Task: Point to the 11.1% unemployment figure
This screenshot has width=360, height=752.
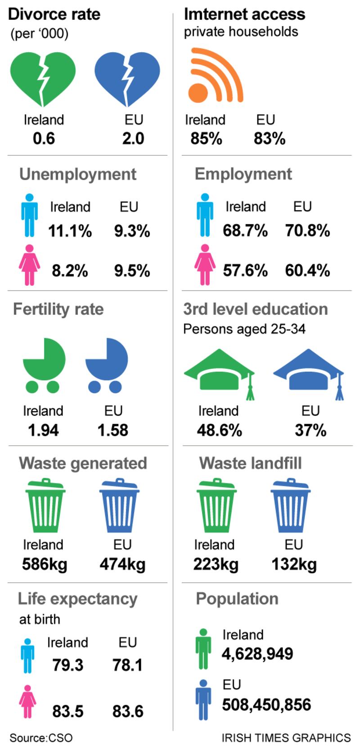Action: [70, 231]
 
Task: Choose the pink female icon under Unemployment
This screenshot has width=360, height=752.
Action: [29, 265]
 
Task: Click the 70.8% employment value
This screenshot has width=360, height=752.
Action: [307, 231]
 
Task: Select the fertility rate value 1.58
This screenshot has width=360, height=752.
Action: [113, 430]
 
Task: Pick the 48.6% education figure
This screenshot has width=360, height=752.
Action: [219, 430]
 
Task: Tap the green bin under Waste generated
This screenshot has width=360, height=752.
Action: [45, 506]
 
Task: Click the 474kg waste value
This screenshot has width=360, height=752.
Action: [122, 564]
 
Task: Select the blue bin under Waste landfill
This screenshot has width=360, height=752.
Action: [291, 506]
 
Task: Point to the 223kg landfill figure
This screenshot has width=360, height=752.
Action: [216, 564]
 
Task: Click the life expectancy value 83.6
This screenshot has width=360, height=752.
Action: [128, 711]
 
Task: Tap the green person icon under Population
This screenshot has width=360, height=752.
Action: [203, 649]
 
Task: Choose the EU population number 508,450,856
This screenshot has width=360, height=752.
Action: [266, 705]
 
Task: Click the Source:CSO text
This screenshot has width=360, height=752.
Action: [41, 738]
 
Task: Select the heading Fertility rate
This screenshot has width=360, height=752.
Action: [58, 309]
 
